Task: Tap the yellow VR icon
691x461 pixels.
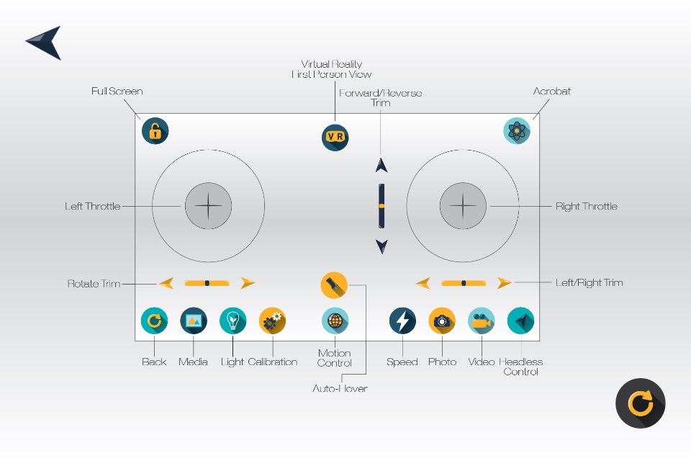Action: [335, 137]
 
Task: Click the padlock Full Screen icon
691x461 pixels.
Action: [155, 130]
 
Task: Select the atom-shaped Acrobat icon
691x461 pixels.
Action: [518, 130]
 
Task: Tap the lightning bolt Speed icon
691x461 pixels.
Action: [402, 321]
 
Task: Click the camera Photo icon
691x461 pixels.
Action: [442, 321]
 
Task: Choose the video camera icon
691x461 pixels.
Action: [482, 321]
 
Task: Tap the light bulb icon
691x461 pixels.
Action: [232, 321]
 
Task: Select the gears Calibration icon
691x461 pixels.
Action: [273, 321]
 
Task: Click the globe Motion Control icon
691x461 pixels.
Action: [335, 321]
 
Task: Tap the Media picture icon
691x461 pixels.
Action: [194, 321]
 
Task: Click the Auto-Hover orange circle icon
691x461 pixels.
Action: [334, 285]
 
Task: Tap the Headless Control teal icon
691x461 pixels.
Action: [520, 321]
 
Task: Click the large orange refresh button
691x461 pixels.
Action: [640, 403]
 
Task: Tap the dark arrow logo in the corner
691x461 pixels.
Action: [44, 42]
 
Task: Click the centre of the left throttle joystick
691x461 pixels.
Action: [208, 206]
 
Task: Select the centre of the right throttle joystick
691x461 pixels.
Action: [463, 206]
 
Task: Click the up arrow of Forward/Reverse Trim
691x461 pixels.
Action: [381, 165]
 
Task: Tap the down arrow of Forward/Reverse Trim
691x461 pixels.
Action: [381, 247]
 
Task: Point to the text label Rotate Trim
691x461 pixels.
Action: [94, 283]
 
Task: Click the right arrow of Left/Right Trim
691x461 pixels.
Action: [504, 283]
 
